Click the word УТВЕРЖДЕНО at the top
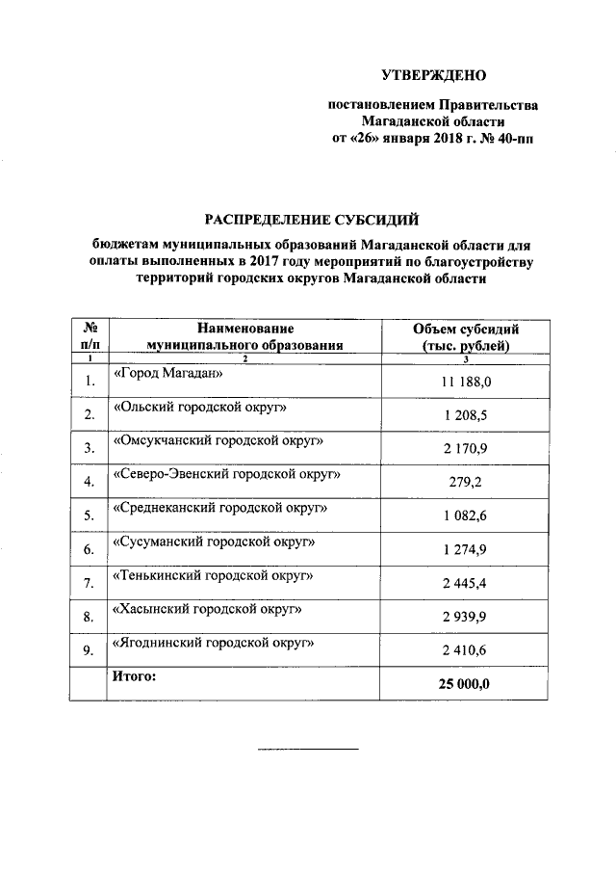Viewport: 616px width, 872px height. click(x=434, y=74)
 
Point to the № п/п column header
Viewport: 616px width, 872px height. click(x=89, y=336)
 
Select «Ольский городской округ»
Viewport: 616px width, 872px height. click(x=202, y=407)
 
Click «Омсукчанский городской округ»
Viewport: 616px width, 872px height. click(x=218, y=440)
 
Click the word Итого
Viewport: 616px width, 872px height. click(x=134, y=676)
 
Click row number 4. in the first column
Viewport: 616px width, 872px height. click(x=89, y=482)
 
